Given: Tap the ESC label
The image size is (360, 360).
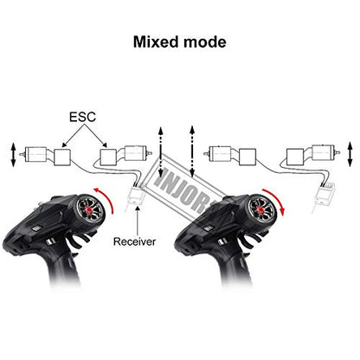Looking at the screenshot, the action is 82,117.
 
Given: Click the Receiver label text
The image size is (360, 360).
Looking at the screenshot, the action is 134,241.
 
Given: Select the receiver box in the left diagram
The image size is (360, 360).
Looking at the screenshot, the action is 136,196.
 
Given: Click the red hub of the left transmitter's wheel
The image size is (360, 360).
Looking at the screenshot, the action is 88,209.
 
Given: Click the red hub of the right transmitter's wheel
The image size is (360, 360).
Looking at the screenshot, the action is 260,209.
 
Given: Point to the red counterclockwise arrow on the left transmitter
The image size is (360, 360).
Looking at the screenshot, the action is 108,197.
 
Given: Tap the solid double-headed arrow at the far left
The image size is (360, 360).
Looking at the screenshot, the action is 13,154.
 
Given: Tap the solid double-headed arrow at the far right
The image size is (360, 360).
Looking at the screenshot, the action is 350,154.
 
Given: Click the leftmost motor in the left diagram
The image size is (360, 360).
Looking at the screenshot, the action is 34,155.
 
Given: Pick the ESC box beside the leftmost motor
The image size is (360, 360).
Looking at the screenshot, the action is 62,157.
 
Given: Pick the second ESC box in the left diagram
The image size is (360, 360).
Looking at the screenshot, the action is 108,157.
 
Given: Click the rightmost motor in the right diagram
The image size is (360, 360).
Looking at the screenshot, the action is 325,152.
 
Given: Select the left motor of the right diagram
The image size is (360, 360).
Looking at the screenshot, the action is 218,154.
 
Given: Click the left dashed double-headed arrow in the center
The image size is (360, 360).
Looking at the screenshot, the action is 161,151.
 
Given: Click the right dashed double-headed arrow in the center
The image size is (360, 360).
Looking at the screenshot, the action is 192,151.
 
